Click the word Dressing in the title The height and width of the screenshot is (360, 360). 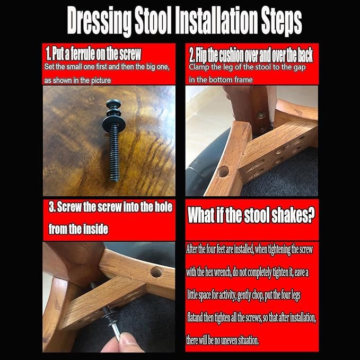click(x=99, y=21)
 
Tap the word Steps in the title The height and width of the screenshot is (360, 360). click(x=281, y=21)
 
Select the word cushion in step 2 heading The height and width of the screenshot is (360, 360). click(x=231, y=55)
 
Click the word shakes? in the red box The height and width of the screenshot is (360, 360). click(x=293, y=215)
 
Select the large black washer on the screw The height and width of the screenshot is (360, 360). click(x=114, y=122)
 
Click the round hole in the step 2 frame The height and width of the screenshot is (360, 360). click(x=224, y=171)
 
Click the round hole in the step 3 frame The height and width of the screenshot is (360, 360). click(x=156, y=272)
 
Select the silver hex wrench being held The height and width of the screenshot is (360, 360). click(x=116, y=331)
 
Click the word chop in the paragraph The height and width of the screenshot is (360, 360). click(x=257, y=295)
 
